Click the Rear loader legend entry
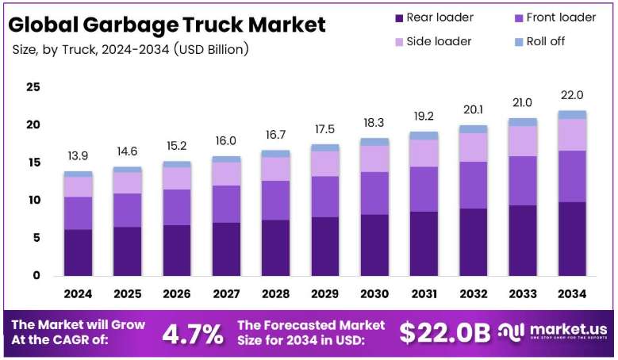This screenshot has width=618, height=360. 434,17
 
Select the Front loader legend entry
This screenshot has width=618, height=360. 555,17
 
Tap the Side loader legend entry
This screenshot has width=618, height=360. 433,41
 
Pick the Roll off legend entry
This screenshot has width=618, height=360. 540,41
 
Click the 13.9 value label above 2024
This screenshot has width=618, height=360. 78,156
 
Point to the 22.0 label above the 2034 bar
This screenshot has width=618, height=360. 572,95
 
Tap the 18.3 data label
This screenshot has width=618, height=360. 374,123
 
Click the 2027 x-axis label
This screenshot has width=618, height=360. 226,294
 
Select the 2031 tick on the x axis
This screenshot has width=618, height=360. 424,294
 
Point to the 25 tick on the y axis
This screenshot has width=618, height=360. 33,87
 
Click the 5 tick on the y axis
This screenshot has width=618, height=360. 36,238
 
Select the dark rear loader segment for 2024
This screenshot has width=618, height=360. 78,252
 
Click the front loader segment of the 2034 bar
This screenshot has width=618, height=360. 572,177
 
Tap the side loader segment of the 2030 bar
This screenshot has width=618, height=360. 374,159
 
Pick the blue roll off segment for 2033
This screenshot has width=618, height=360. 523,122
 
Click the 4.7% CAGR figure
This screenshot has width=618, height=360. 193,334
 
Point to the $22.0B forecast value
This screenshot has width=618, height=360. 444,333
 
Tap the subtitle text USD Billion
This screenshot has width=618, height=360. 211,50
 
